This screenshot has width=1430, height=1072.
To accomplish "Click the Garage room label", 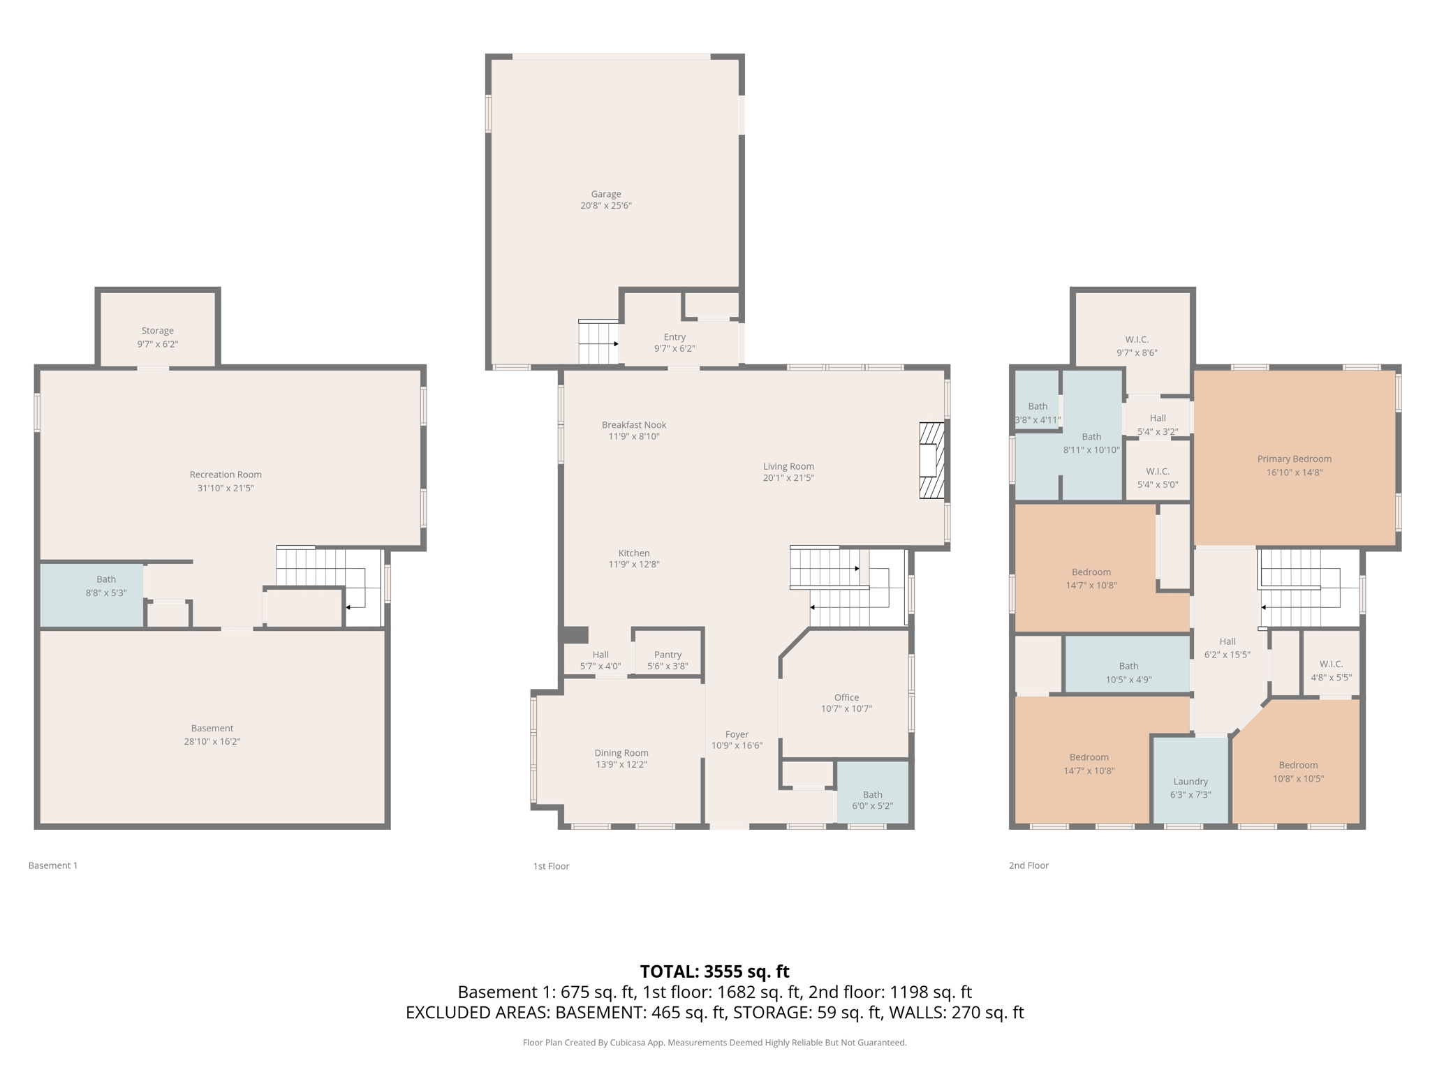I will tap(605, 194).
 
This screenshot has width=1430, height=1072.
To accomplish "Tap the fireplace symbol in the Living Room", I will tap(931, 460).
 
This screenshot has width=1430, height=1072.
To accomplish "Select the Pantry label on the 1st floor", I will tap(668, 655).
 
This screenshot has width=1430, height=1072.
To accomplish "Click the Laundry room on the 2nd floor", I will tap(1190, 782).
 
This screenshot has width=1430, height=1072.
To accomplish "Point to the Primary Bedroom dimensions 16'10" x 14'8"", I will tap(1294, 472).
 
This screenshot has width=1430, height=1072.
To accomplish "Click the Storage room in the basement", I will tap(157, 331).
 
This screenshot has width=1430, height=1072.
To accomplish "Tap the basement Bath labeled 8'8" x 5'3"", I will tap(106, 586).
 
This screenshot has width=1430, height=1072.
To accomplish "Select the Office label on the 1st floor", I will tap(846, 697).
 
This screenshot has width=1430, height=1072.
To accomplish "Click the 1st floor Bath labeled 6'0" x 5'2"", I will tap(872, 800).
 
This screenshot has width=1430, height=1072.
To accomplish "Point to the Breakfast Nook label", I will tap(634, 424).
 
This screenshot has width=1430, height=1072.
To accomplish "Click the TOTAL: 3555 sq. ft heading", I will tap(714, 971).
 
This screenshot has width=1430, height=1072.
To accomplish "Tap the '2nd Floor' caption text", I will tap(1028, 865).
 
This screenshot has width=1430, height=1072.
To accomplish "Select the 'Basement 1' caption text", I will tap(53, 865).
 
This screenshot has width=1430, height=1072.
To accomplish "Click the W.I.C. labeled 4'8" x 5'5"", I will tap(1331, 670).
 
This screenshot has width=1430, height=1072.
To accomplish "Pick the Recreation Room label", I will tap(226, 475).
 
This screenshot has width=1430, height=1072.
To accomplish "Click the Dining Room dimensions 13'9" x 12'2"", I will tap(621, 764).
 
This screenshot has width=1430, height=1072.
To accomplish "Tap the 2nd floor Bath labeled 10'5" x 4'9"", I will tap(1128, 672).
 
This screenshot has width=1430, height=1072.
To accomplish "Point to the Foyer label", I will tap(737, 734).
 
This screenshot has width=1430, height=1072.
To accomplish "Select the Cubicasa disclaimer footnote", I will tap(714, 1043).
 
